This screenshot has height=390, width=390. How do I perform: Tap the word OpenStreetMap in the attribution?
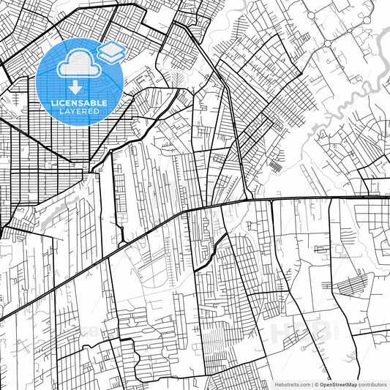(337, 383)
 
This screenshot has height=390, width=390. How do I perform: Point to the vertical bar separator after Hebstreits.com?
(312, 383)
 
